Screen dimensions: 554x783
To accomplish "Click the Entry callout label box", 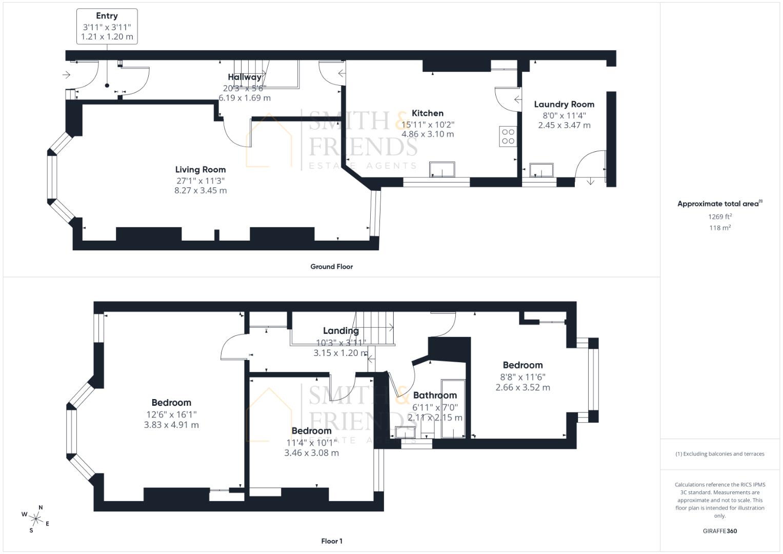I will coord(107,26).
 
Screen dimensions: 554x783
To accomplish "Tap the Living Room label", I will coord(200,170).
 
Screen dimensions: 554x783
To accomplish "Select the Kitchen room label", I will coord(428,113).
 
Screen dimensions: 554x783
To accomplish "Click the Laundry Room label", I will coord(564,104).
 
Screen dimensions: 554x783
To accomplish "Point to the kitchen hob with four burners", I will coord(508,136).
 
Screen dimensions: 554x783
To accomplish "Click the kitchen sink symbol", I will coord(442,169).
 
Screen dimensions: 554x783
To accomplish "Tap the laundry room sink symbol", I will coord(541,170).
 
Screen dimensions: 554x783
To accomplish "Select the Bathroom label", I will coord(435,395).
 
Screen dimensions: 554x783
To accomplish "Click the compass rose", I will coord(36,519).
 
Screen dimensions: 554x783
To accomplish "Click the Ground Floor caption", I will coord(331,267).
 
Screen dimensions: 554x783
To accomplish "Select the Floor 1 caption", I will coord(331,541).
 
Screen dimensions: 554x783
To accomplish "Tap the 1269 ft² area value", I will coord(720,216).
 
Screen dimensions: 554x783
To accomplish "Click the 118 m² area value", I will coord(720,228).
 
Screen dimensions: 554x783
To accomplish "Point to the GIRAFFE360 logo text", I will coord(719,531).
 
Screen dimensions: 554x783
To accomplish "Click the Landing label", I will coord(340,331).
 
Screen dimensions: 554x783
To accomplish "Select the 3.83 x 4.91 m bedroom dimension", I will coord(171,425).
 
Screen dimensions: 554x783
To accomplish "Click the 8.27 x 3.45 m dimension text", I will coord(200,190).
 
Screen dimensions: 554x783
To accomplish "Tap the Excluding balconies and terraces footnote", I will coord(720,454).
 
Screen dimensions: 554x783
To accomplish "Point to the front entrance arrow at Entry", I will coord(66,75).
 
